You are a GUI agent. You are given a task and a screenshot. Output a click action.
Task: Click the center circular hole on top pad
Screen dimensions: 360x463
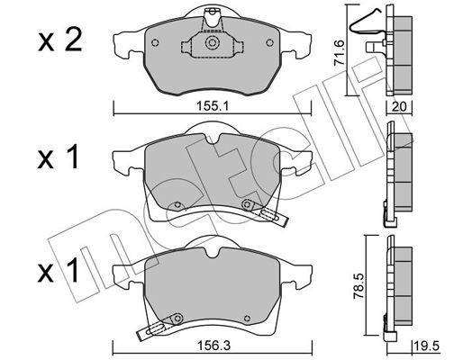212,42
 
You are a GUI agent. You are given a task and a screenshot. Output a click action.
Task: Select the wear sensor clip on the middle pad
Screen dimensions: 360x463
268,212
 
